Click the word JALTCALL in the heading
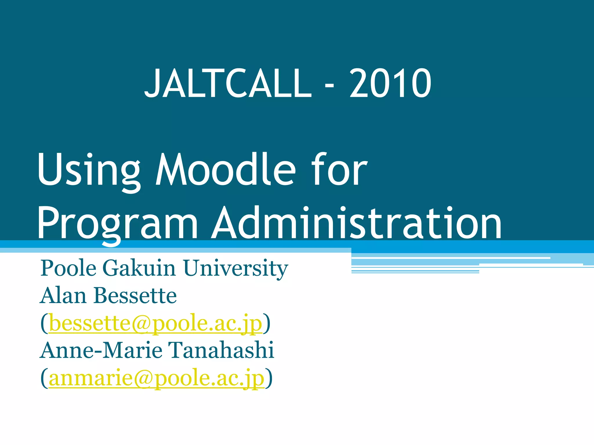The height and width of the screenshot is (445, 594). click(x=228, y=83)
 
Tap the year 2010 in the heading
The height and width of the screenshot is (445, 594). click(x=390, y=83)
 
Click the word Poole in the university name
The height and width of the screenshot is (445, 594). click(x=68, y=268)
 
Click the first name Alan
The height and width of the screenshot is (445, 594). click(x=63, y=296)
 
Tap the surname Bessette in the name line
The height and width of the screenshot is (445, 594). click(x=135, y=296)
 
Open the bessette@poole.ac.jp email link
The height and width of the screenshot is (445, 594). click(x=155, y=323)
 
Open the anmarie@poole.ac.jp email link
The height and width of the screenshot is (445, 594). click(x=157, y=378)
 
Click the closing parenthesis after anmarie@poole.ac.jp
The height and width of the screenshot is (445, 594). click(x=269, y=378)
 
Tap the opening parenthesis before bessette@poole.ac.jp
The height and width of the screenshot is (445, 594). click(x=44, y=323)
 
